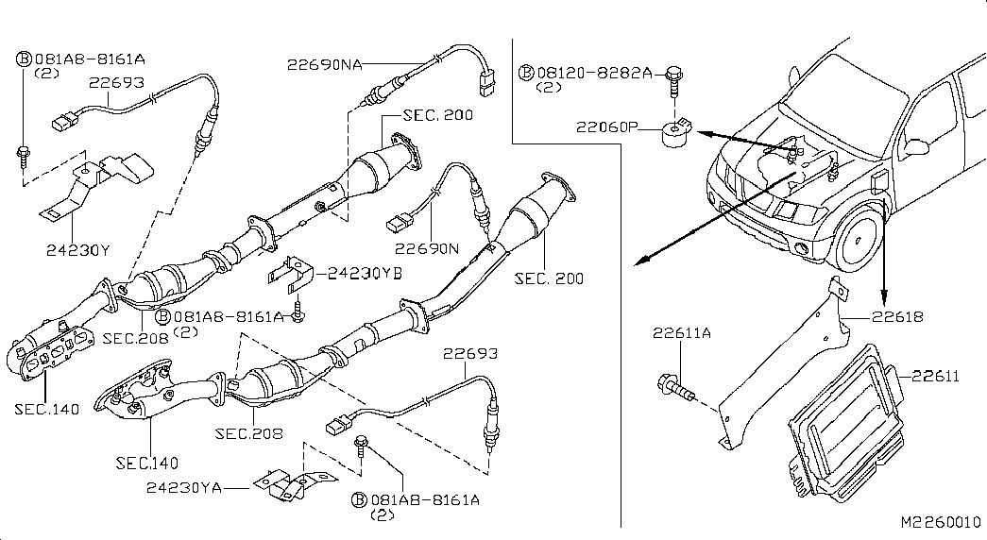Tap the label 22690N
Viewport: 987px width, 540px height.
pyautogui.click(x=426, y=249)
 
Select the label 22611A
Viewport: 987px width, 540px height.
pyautogui.click(x=683, y=332)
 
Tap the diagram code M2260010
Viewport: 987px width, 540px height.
pyautogui.click(x=941, y=522)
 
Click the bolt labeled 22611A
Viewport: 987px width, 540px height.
pyautogui.click(x=670, y=385)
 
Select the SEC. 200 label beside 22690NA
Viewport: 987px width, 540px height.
pyautogui.click(x=438, y=115)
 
